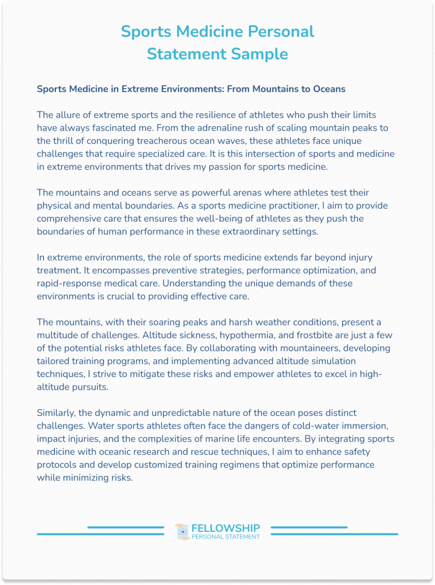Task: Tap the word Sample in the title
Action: click(261, 54)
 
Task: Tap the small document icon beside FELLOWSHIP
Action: click(182, 532)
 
